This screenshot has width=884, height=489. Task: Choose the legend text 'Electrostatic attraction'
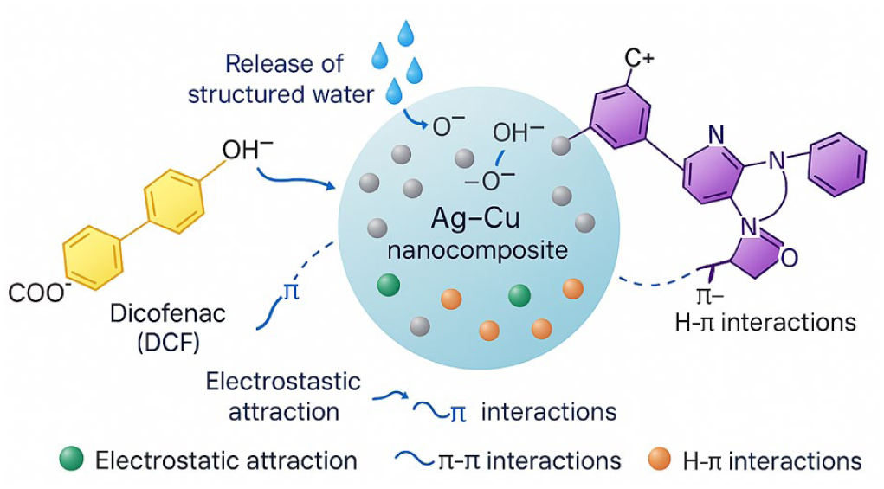click(x=226, y=460)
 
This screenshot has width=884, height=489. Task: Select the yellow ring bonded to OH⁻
click(x=174, y=201)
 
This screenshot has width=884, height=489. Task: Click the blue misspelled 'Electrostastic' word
click(x=283, y=382)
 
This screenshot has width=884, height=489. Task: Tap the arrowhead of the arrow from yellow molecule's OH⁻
click(x=333, y=185)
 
